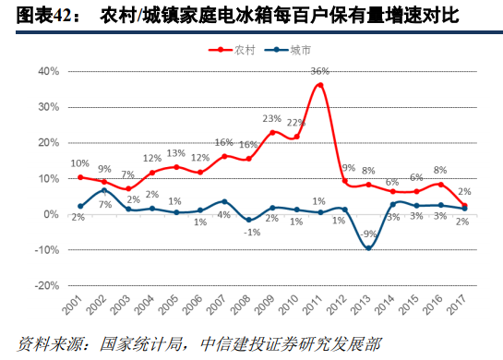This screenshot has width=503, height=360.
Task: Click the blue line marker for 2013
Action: (x=368, y=247)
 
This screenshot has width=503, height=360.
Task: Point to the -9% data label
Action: (x=368, y=234)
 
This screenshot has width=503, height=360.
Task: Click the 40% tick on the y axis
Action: (x=47, y=71)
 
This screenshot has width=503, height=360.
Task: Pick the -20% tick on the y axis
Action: (x=47, y=286)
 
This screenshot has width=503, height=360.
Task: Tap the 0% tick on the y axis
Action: (x=51, y=214)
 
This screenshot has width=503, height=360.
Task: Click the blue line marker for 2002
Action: (x=105, y=190)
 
